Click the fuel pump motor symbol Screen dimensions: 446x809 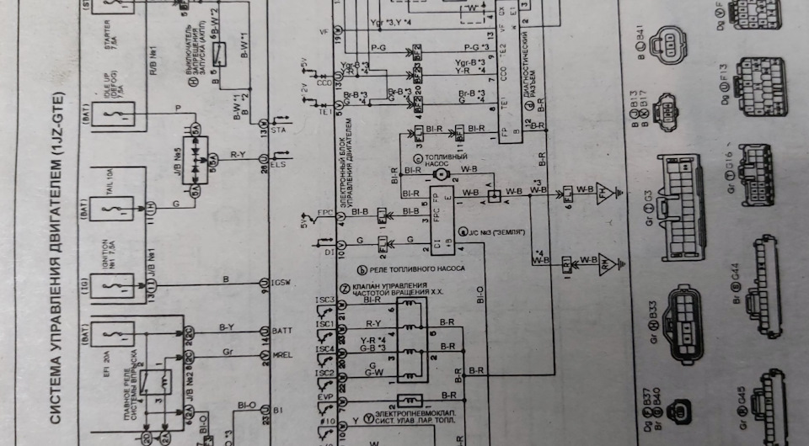[438, 173]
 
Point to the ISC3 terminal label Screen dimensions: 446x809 [325, 301]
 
